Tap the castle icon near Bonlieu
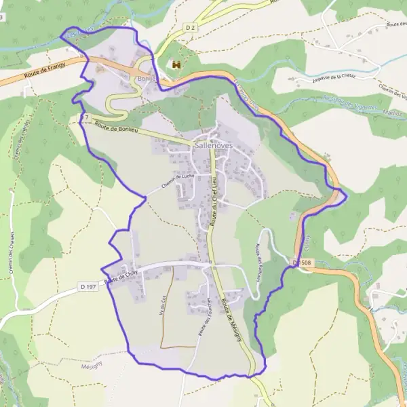(x=176, y=64)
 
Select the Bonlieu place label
(x=147, y=79)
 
